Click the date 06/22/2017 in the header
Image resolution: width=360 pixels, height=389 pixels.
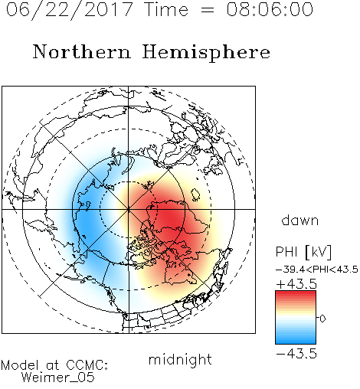click(70, 10)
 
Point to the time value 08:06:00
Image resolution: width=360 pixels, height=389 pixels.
click(270, 9)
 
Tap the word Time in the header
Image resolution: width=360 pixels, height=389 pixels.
click(166, 9)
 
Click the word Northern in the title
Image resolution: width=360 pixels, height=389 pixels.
click(82, 51)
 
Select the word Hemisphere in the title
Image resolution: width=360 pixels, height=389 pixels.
click(206, 53)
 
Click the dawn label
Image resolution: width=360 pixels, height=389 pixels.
click(300, 220)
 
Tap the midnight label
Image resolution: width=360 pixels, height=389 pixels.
click(180, 359)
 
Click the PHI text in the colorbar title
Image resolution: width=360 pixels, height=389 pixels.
click(286, 252)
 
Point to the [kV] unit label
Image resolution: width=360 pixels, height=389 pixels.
click(318, 252)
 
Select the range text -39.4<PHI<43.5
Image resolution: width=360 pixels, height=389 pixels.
click(317, 270)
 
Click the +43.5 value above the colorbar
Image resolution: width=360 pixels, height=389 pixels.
click(296, 284)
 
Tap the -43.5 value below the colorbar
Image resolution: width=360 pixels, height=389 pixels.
click(296, 354)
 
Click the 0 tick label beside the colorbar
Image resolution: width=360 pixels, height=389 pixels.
click(322, 319)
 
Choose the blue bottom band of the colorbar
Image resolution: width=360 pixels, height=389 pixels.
click(296, 339)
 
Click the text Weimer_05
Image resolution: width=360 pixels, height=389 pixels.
click(58, 377)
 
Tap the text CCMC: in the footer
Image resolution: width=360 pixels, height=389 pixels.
click(87, 365)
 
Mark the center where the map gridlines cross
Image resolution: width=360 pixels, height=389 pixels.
click(129, 209)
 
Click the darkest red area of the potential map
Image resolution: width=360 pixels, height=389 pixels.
click(170, 217)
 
